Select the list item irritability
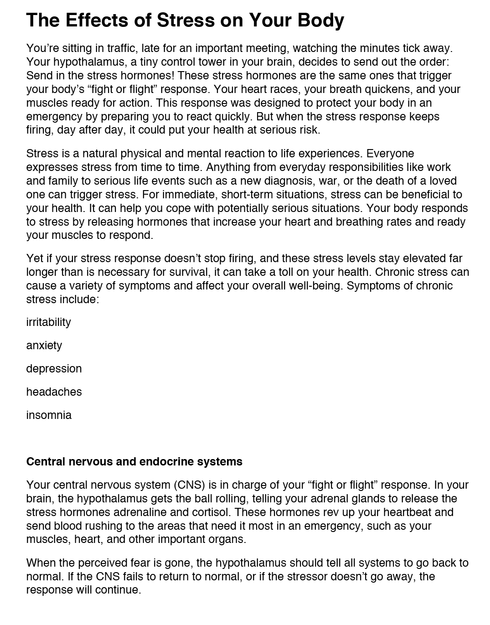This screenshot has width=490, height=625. [x=48, y=322]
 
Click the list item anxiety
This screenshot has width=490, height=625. [x=44, y=346]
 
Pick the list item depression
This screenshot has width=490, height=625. [x=54, y=369]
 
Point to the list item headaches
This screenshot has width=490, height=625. [x=54, y=392]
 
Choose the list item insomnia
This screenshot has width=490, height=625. [x=49, y=415]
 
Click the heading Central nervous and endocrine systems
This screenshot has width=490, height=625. [x=134, y=462]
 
